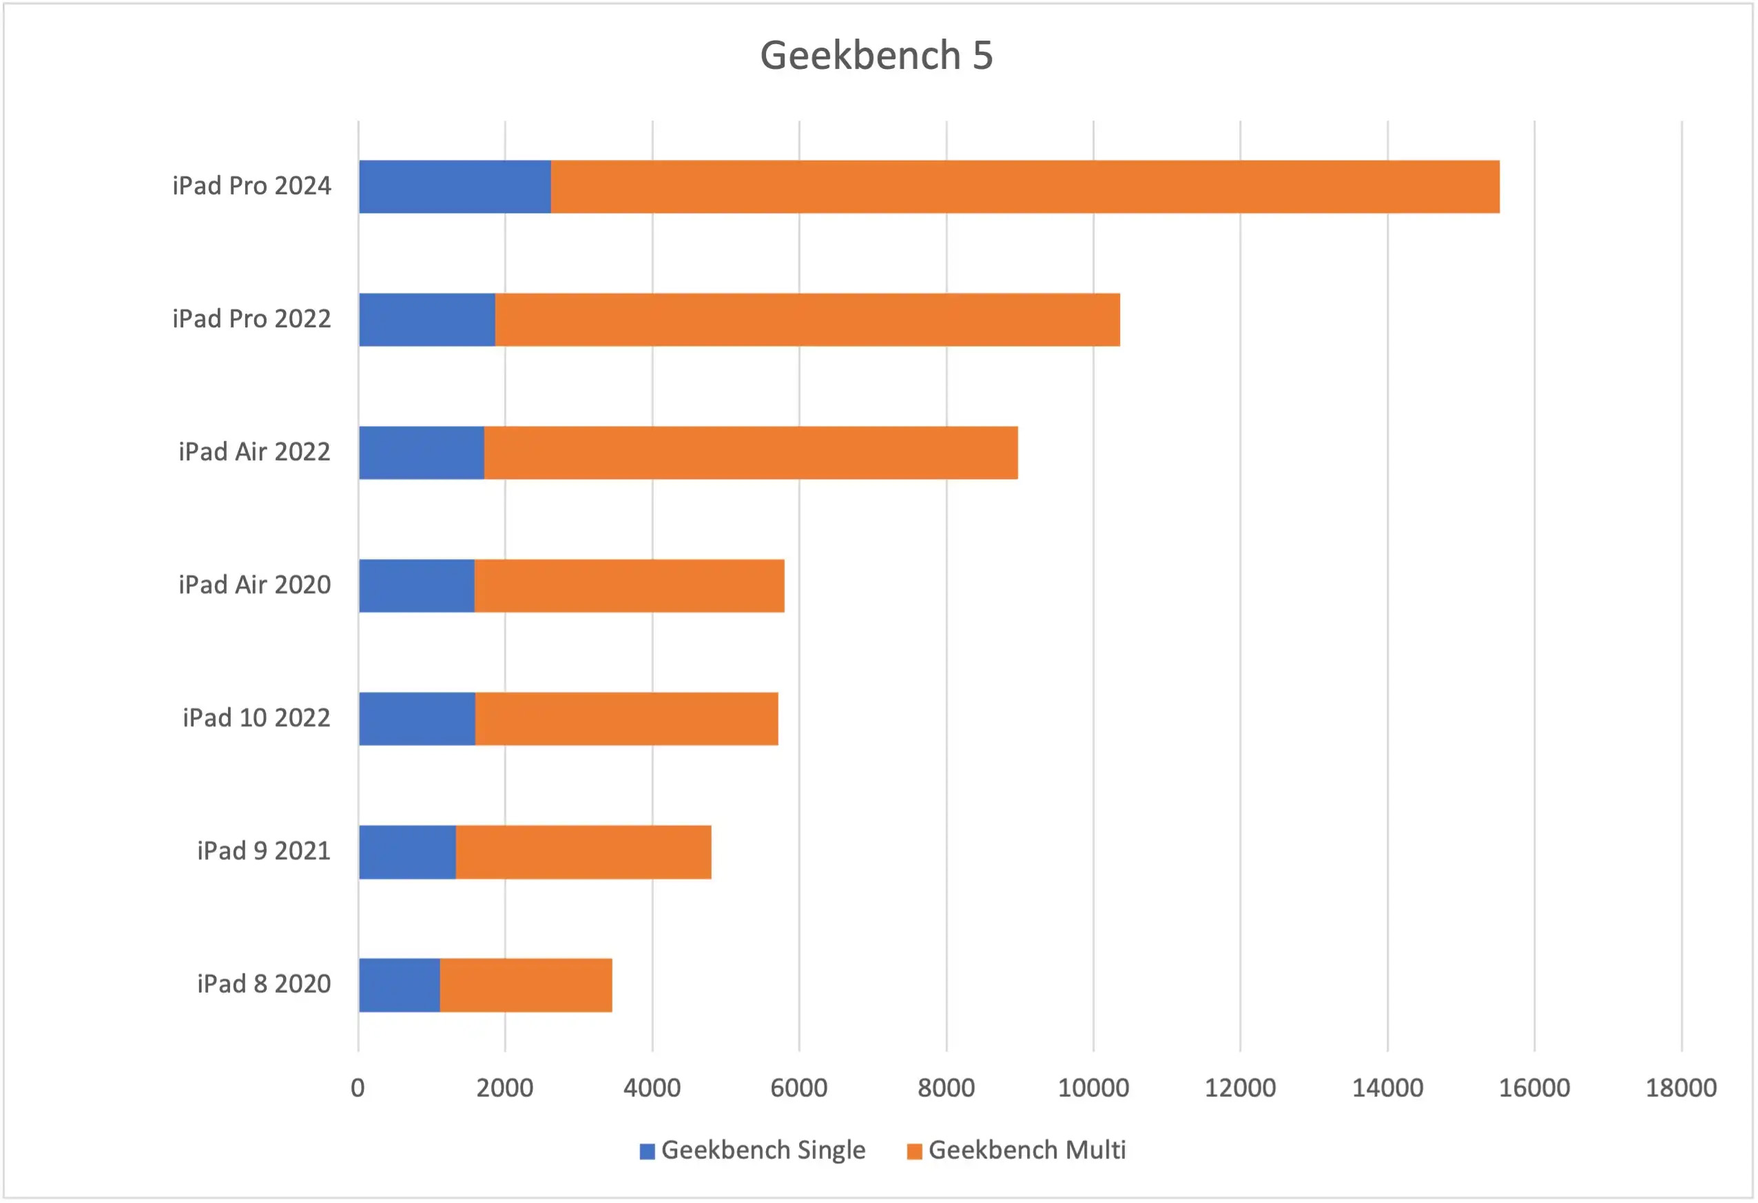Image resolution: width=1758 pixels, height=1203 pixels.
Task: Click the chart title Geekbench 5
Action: [876, 55]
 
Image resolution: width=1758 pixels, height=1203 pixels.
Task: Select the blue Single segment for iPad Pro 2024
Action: [455, 187]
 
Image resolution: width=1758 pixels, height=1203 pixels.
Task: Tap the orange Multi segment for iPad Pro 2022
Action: [807, 320]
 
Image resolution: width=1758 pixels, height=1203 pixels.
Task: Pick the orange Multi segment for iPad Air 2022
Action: [750, 453]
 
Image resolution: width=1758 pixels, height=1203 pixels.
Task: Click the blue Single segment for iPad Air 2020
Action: [417, 586]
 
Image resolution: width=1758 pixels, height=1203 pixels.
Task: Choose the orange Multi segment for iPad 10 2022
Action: [626, 719]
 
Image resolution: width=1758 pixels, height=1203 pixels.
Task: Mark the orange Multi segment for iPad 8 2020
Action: [526, 986]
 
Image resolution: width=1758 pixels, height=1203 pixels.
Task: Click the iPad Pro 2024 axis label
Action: [251, 186]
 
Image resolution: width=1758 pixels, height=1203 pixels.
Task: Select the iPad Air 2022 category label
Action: [254, 453]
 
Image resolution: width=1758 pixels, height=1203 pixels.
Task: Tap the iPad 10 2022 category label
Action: [256, 718]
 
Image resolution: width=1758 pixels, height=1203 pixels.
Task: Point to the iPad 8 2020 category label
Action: [264, 985]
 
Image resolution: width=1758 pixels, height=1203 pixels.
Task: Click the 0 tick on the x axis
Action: [358, 1089]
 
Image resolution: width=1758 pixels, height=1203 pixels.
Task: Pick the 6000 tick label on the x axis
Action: [799, 1089]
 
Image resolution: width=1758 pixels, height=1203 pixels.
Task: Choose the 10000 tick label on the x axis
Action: [1093, 1089]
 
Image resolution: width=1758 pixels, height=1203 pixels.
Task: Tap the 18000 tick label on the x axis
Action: [1681, 1089]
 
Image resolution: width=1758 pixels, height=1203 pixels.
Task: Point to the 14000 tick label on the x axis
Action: [1387, 1089]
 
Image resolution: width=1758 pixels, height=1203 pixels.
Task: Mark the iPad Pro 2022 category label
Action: [251, 319]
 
